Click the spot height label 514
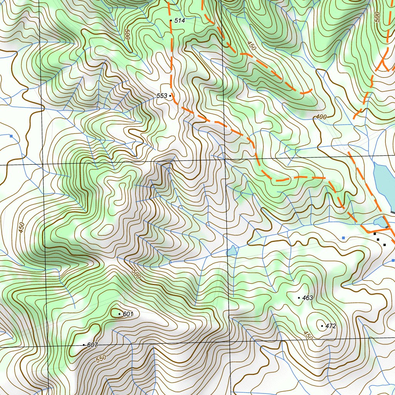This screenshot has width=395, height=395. pyautogui.click(x=179, y=20)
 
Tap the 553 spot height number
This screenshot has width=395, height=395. pyautogui.click(x=162, y=96)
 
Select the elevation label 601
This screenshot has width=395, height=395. pyautogui.click(x=128, y=314)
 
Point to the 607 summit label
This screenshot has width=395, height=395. pyautogui.click(x=93, y=345)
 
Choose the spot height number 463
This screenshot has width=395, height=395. pyautogui.click(x=307, y=298)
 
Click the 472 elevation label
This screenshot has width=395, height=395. pyautogui.click(x=331, y=326)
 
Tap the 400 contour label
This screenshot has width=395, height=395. pyautogui.click(x=321, y=117)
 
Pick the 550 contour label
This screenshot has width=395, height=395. pyautogui.click(x=101, y=358)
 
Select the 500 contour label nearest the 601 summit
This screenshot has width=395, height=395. pyautogui.click(x=135, y=274)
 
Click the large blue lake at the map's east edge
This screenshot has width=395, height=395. pyautogui.click(x=383, y=185)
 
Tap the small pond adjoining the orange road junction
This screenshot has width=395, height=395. pyautogui.click(x=380, y=222)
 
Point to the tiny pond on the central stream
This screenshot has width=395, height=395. pyautogui.click(x=232, y=252)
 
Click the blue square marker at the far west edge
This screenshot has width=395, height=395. pyautogui.click(x=11, y=136)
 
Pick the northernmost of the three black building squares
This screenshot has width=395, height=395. pyautogui.click(x=375, y=234)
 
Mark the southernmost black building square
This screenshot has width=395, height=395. pyautogui.click(x=385, y=245)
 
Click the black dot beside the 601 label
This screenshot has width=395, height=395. pyautogui.click(x=120, y=314)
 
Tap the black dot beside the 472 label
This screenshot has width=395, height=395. pyautogui.click(x=322, y=326)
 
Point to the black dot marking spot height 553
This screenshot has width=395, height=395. pyautogui.click(x=170, y=96)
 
